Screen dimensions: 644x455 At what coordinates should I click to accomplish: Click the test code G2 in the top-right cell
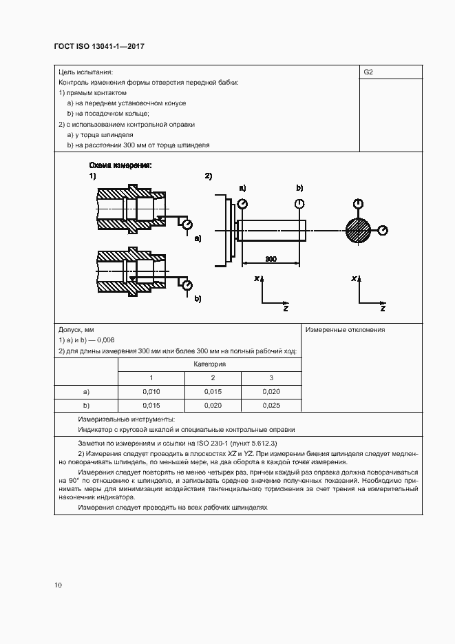368,72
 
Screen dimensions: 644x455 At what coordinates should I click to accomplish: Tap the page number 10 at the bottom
58,585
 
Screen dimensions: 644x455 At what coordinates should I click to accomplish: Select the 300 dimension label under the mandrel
271,259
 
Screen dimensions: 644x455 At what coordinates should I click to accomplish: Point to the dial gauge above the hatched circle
358,203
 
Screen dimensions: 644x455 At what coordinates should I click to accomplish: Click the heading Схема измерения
121,166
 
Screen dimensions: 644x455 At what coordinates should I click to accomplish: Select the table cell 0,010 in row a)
151,391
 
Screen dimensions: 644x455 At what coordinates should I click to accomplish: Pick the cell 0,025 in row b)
271,405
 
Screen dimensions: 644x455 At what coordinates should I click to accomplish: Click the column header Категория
210,364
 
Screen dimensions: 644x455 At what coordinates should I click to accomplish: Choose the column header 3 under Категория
271,377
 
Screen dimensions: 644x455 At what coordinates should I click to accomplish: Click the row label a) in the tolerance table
87,391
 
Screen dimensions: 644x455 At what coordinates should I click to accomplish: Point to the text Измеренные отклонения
345,330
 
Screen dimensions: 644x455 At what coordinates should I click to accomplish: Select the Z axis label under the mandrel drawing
285,309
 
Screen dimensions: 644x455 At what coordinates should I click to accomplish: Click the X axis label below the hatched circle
353,278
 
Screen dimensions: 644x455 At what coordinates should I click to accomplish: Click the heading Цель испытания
85,72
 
